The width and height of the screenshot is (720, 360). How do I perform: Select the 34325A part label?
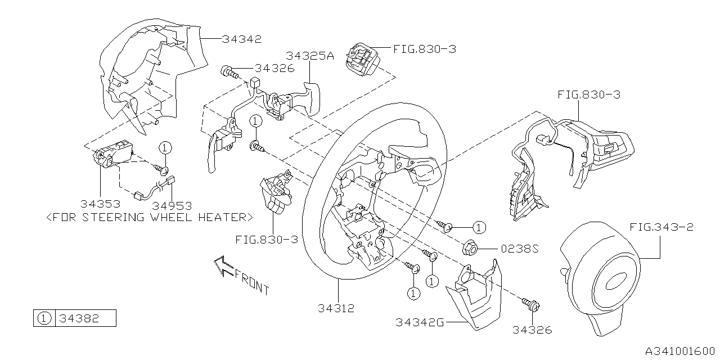tap(309, 56)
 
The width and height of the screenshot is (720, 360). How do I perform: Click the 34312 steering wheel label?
tap(337, 308)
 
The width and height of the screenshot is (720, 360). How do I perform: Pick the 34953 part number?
tap(172, 205)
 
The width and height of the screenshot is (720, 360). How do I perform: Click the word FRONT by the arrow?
tap(251, 282)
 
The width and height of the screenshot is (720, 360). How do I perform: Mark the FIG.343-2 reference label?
tap(661, 227)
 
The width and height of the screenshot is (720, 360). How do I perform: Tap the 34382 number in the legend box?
tap(79, 318)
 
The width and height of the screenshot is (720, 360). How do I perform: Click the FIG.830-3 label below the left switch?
tap(266, 239)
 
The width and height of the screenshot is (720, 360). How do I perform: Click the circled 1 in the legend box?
tap(43, 318)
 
